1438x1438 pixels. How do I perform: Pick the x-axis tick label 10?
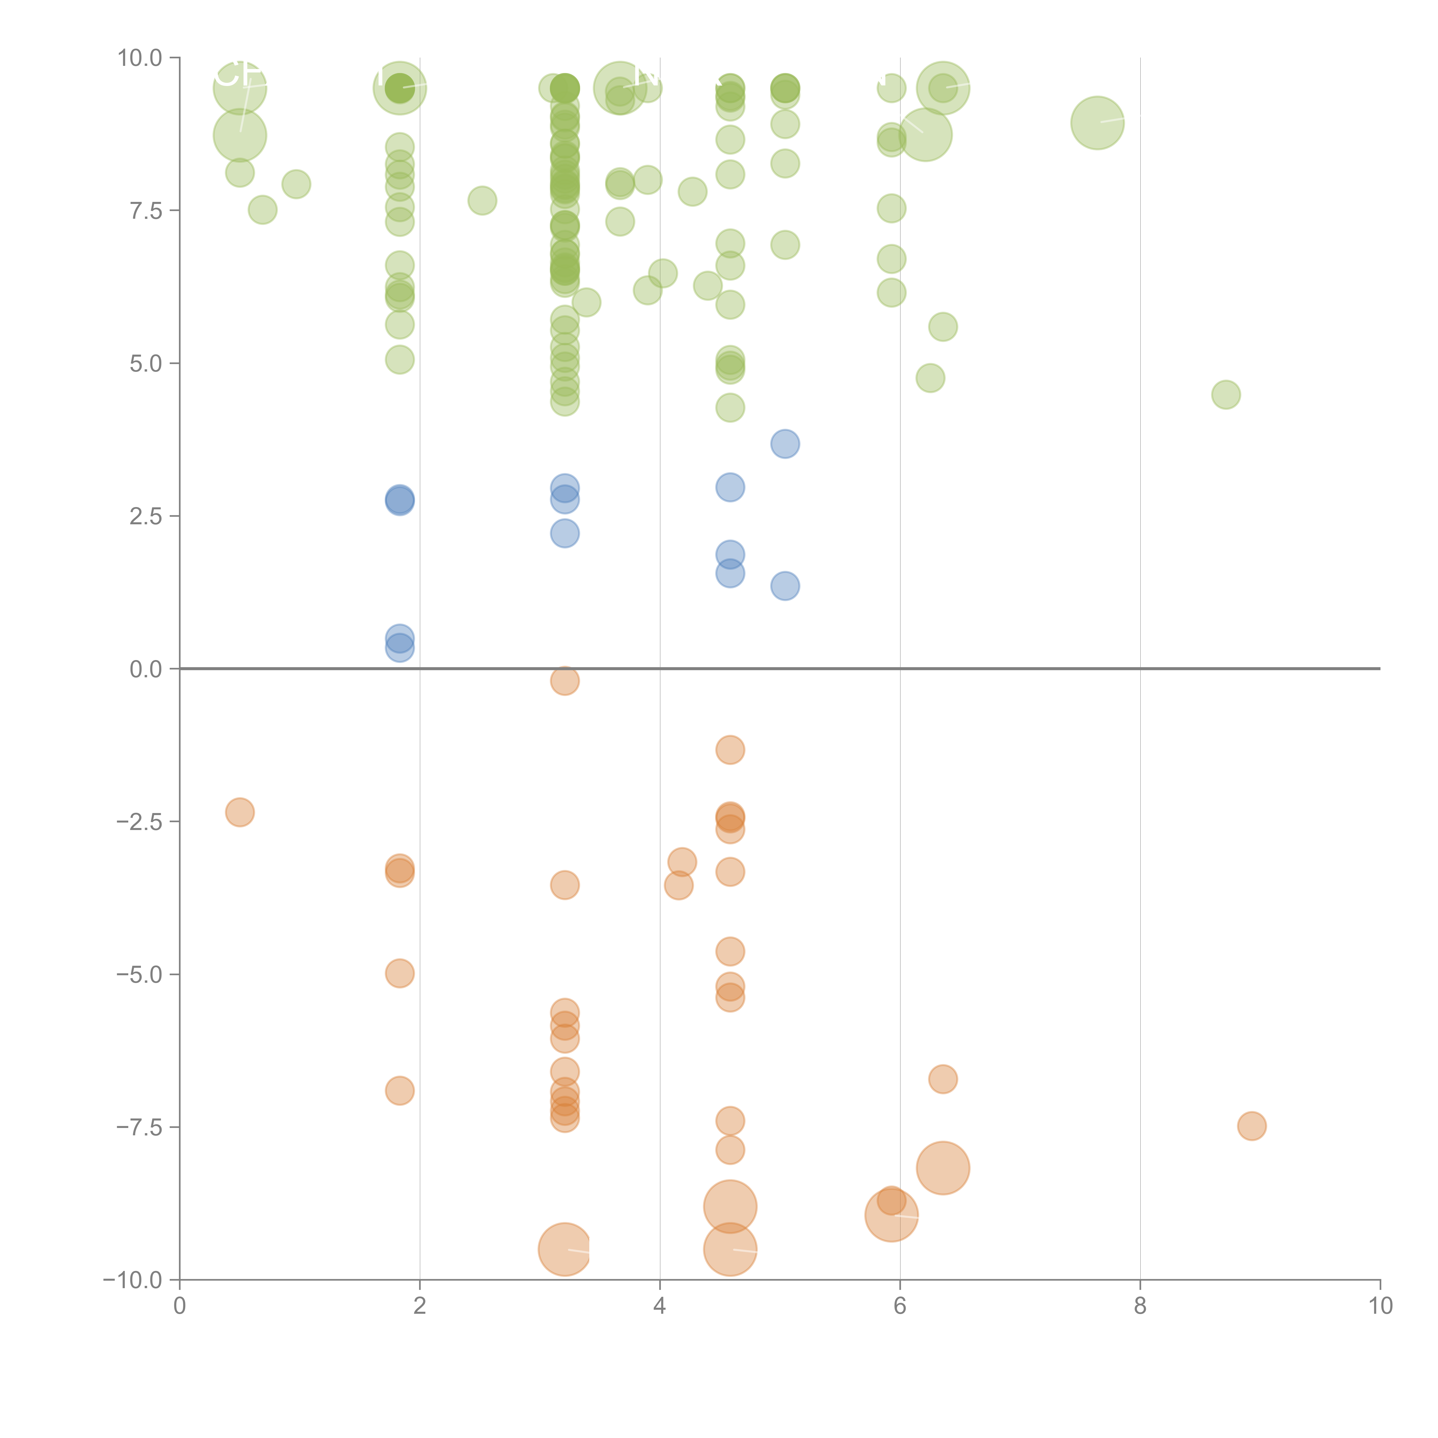click(x=1380, y=1306)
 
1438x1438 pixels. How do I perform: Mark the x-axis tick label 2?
click(x=420, y=1306)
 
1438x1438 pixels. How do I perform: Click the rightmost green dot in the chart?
click(x=1226, y=395)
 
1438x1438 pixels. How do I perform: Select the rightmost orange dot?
click(x=1252, y=1126)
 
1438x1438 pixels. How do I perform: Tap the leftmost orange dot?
click(x=240, y=812)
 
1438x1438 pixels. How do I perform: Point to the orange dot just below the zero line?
click(x=565, y=680)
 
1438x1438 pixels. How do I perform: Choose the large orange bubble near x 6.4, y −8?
click(x=943, y=1168)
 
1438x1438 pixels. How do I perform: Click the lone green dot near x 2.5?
click(x=482, y=200)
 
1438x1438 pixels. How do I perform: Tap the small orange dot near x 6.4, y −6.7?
click(x=943, y=1079)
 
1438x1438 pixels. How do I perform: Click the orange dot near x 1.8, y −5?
click(x=400, y=974)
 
